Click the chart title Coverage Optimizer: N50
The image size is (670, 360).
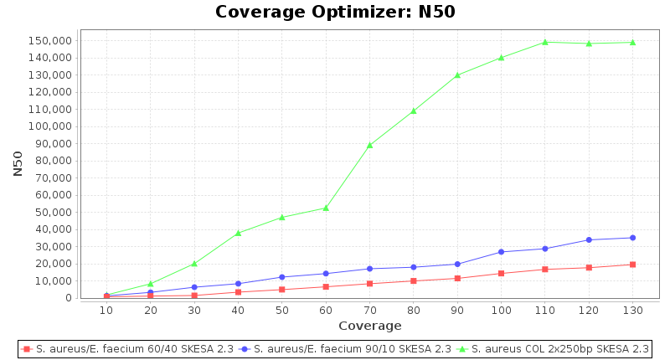coord(335,12)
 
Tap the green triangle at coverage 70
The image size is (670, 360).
coord(369,145)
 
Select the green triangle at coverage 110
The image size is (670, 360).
coord(545,42)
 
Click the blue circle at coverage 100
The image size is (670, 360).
coord(501,252)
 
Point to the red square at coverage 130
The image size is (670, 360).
coord(632,265)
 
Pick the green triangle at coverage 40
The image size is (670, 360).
coord(238,233)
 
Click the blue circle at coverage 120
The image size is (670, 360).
coord(589,239)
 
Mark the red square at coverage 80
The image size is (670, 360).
coord(413,280)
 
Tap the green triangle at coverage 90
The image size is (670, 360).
coord(457,75)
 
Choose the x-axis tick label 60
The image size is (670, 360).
coord(326,311)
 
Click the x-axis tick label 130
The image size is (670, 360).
coord(632,311)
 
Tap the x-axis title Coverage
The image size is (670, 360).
coord(369,326)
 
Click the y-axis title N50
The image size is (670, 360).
coord(18,162)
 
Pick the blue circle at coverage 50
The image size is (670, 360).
coord(281,277)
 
